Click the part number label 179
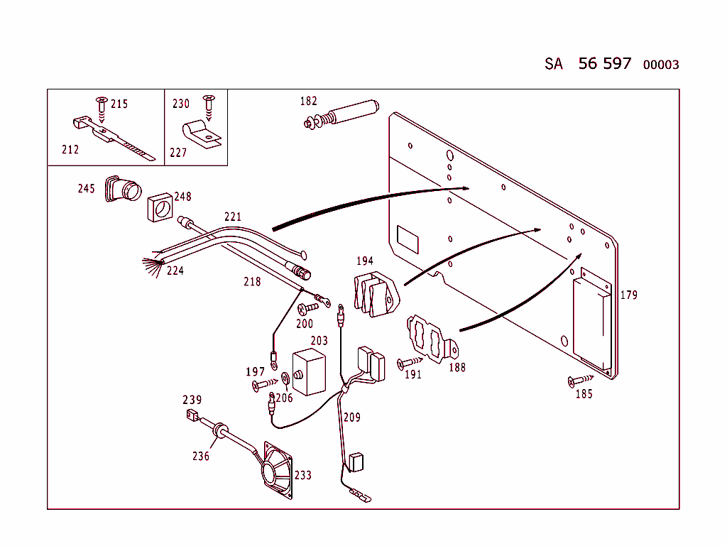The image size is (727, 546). (629, 295)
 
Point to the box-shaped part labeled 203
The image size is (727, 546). (309, 371)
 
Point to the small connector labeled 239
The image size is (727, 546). (190, 415)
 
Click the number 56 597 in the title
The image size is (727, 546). (604, 63)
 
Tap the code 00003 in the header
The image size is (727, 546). (660, 65)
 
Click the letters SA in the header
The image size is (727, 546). (554, 64)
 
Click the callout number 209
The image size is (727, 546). (351, 417)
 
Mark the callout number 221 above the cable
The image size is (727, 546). (233, 217)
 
